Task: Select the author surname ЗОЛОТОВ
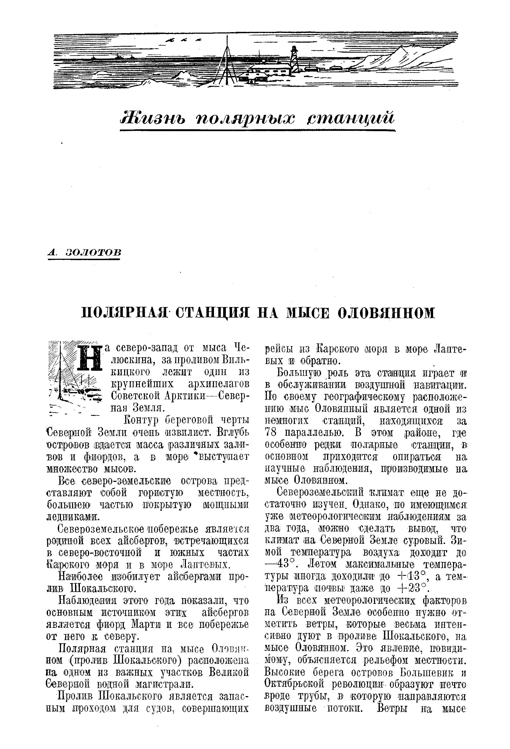pyautogui.click(x=93, y=252)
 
